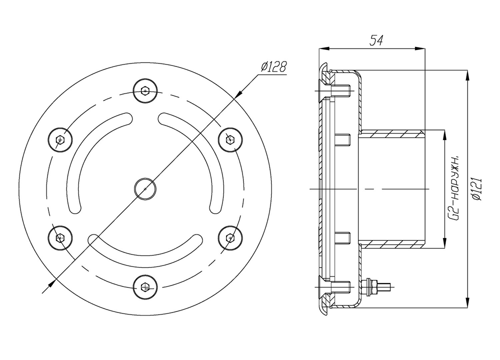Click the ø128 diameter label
(x=273, y=66)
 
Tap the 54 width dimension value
(x=376, y=40)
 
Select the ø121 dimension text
(x=477, y=189)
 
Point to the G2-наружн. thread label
(x=454, y=188)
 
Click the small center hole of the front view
(x=145, y=189)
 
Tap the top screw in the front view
(x=145, y=91)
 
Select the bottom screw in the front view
(x=145, y=287)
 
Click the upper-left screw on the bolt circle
(x=60, y=139)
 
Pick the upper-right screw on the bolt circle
(x=230, y=139)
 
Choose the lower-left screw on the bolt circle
(x=60, y=238)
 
